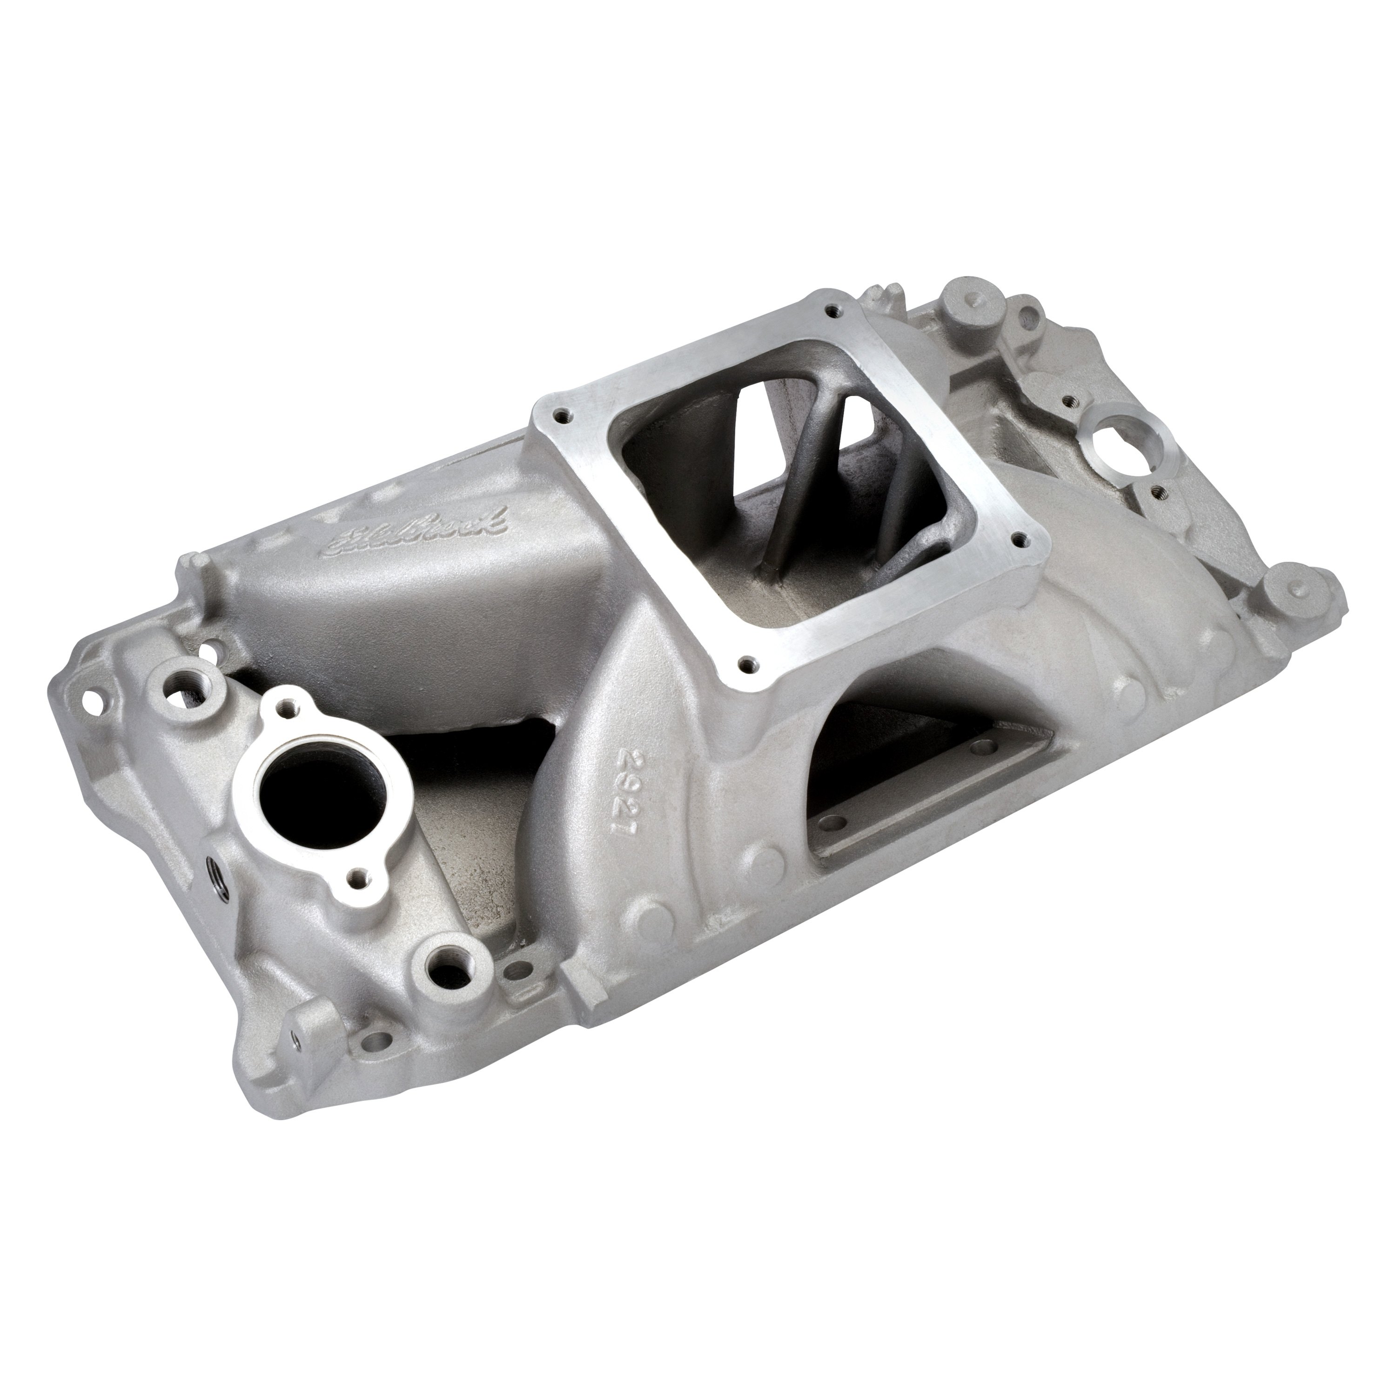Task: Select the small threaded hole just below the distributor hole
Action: click(x=1159, y=490)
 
